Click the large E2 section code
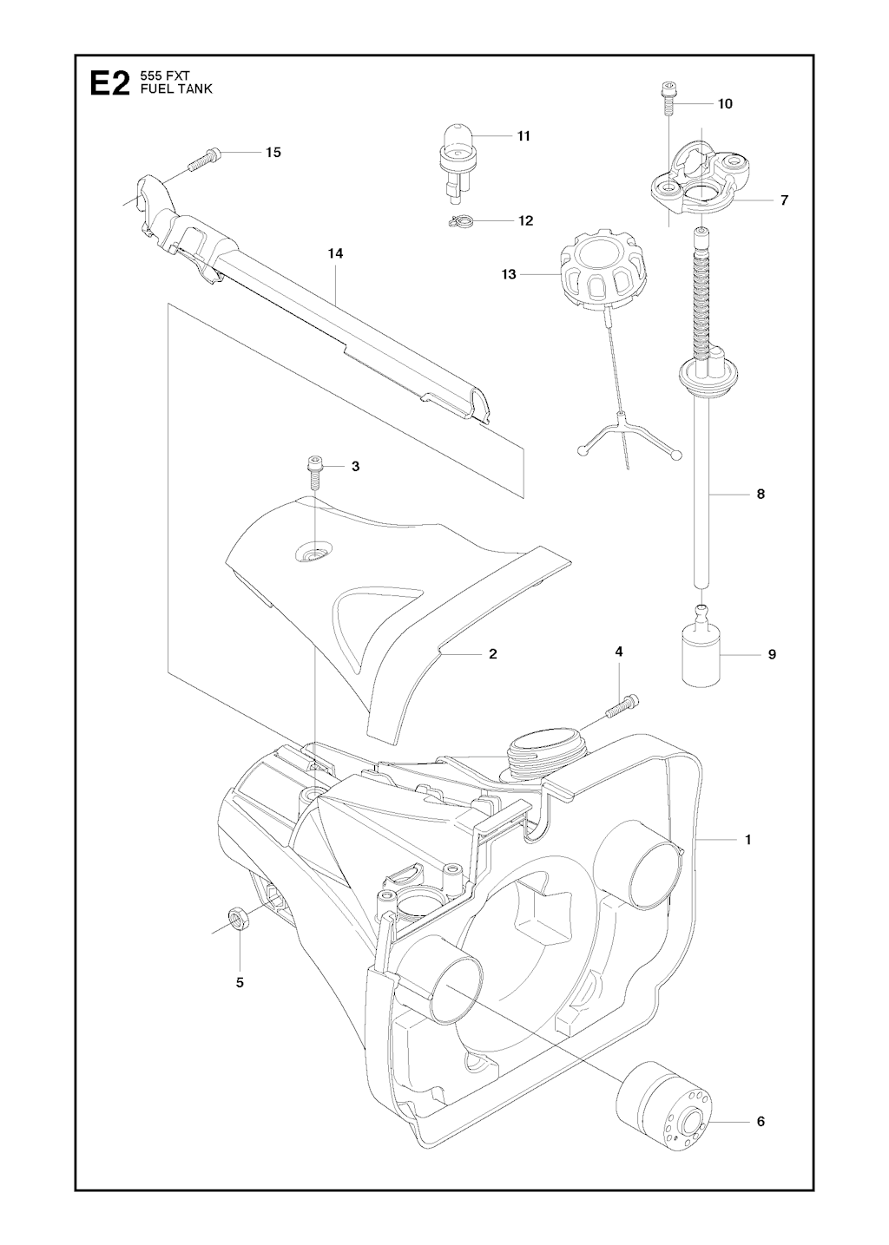tap(109, 85)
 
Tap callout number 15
tap(273, 153)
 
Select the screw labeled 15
tap(205, 158)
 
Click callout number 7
tap(785, 200)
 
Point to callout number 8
tap(761, 494)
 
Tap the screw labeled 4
tap(622, 707)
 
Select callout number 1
tap(748, 855)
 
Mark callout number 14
tap(335, 253)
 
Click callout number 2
tap(493, 653)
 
